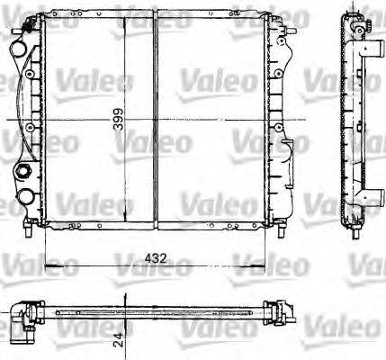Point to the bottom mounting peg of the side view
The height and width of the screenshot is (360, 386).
[352, 231]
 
